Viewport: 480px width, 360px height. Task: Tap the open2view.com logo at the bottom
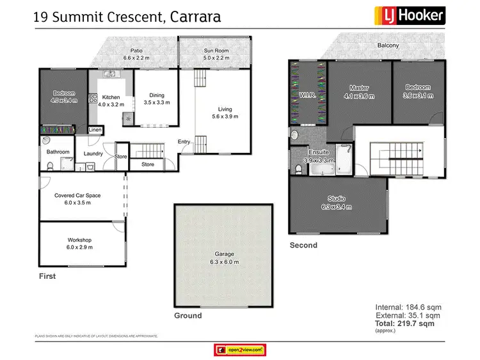click(x=239, y=349)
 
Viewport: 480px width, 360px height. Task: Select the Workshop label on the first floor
click(x=80, y=240)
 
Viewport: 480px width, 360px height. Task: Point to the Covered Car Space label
click(x=77, y=196)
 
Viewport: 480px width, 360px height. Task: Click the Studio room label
click(x=337, y=198)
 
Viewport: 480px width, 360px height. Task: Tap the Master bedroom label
click(x=358, y=88)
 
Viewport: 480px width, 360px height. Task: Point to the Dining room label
click(x=156, y=95)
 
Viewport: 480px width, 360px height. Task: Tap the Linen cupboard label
click(x=95, y=130)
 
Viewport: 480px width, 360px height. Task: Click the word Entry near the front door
click(x=184, y=142)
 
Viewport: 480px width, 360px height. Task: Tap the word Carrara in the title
click(x=195, y=16)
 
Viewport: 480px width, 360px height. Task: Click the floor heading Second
click(x=303, y=245)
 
